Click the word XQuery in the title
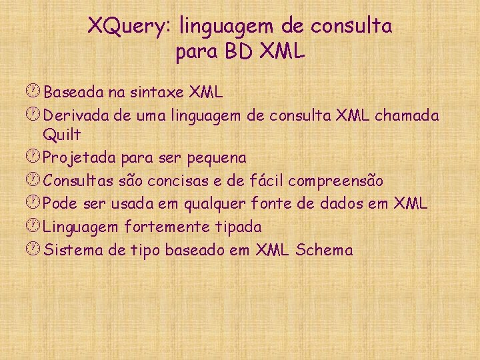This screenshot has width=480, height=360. (x=127, y=27)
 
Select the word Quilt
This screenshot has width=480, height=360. (x=61, y=135)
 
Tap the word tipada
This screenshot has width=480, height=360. (x=238, y=227)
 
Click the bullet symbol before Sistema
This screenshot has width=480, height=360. (x=35, y=250)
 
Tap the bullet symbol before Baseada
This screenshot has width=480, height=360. (x=35, y=91)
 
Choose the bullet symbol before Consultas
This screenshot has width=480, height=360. (x=35, y=181)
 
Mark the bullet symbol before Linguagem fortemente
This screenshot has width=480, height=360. (x=35, y=227)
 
